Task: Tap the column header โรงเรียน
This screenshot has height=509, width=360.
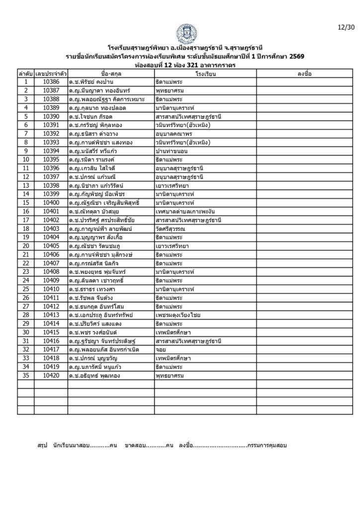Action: tap(205, 73)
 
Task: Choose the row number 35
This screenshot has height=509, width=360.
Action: tap(25, 376)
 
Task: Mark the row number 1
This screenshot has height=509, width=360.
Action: tap(25, 82)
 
